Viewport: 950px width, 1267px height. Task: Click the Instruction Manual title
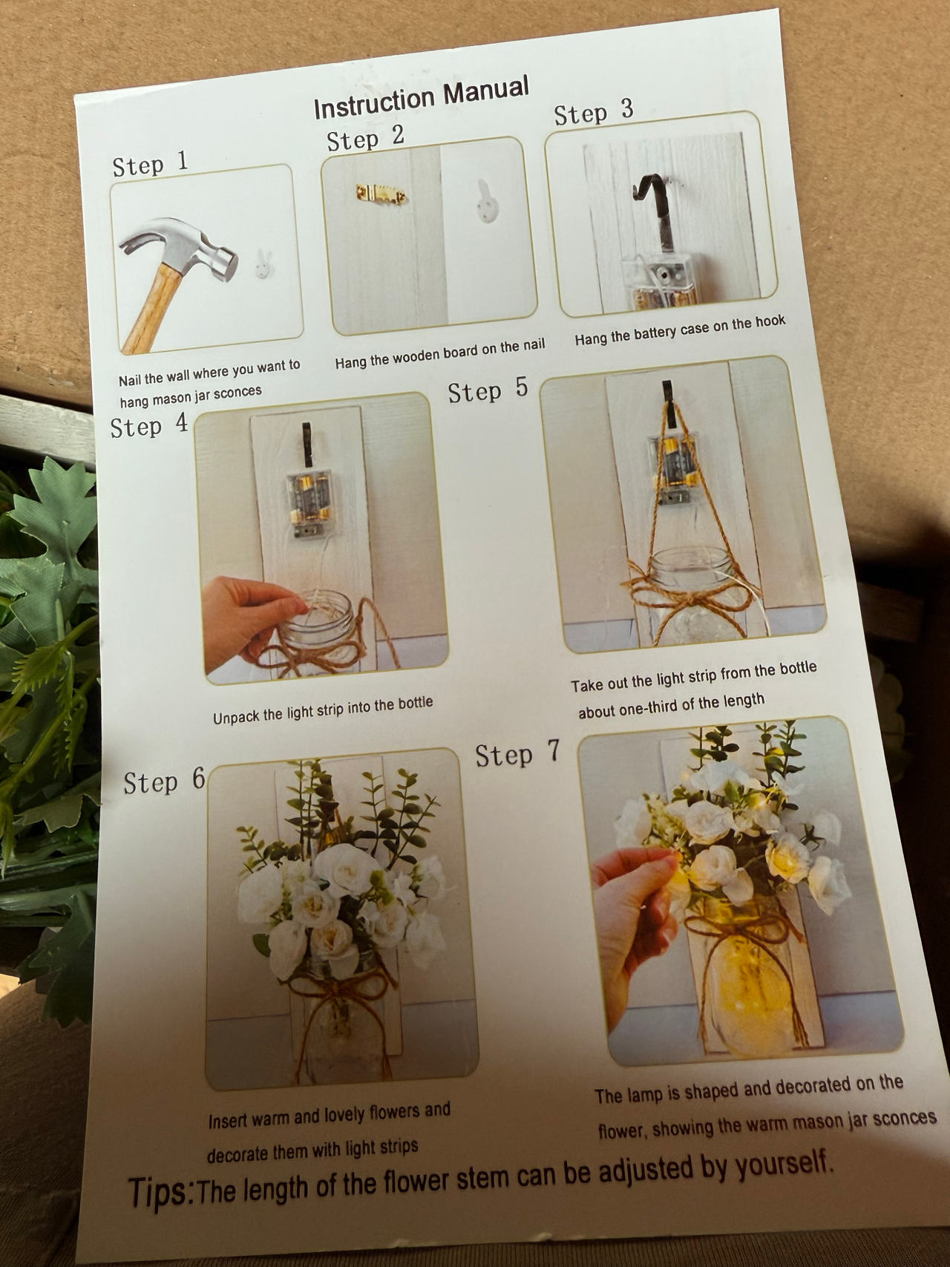421,97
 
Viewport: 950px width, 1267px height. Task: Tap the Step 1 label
150,163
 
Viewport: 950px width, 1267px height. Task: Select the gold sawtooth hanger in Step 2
381,194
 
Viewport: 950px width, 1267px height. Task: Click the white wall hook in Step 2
486,201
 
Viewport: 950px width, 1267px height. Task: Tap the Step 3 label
594,113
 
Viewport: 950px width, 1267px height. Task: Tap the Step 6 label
164,782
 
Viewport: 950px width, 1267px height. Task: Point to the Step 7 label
517,754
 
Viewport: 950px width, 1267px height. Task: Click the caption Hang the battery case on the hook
680,330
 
